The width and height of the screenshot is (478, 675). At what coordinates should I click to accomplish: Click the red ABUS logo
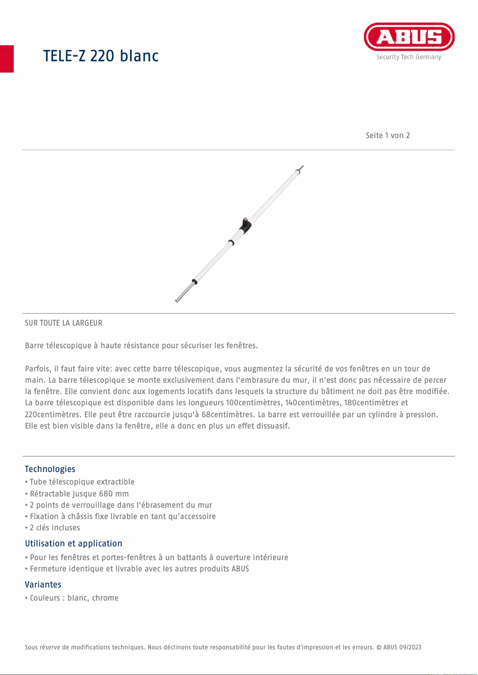(x=409, y=37)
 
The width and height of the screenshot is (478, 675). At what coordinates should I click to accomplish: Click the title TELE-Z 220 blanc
(x=101, y=56)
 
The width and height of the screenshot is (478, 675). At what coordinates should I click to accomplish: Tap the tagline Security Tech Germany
(x=409, y=57)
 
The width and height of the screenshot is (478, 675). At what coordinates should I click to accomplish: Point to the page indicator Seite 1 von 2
(x=387, y=135)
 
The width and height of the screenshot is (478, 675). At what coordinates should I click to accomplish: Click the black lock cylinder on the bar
(x=244, y=224)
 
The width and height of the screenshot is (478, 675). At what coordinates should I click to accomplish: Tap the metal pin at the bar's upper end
(x=300, y=168)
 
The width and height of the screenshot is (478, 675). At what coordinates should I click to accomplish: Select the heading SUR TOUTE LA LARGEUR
(x=64, y=323)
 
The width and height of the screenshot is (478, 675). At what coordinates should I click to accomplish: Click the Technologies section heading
(x=50, y=469)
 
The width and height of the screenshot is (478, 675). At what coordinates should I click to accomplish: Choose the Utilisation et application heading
(x=73, y=543)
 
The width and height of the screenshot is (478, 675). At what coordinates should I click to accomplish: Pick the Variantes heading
(x=43, y=585)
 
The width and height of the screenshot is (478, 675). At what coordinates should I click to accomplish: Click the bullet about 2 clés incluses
(x=54, y=527)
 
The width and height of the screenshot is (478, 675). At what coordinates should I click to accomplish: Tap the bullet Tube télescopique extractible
(x=81, y=482)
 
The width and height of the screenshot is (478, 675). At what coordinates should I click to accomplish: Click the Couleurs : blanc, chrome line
(x=73, y=598)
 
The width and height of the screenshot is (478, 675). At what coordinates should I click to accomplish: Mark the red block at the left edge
(x=7, y=58)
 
